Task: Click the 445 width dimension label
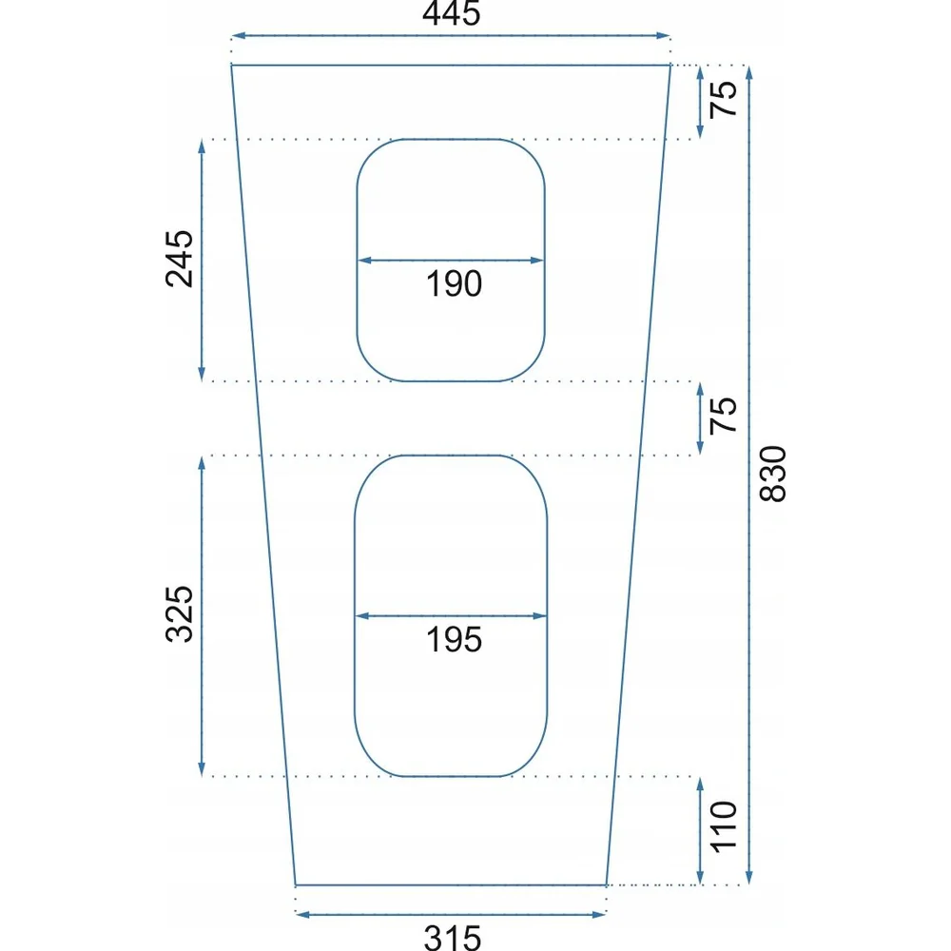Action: [x=451, y=12]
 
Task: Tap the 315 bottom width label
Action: [x=453, y=938]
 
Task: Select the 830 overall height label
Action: [x=772, y=474]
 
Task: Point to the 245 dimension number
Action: [x=179, y=259]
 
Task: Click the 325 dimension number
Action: [x=179, y=613]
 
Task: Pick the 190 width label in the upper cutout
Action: [x=454, y=283]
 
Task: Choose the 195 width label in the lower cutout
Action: [x=454, y=640]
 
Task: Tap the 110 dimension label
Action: [x=724, y=826]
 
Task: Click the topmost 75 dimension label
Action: [x=724, y=99]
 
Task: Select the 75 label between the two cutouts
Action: [x=724, y=416]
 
